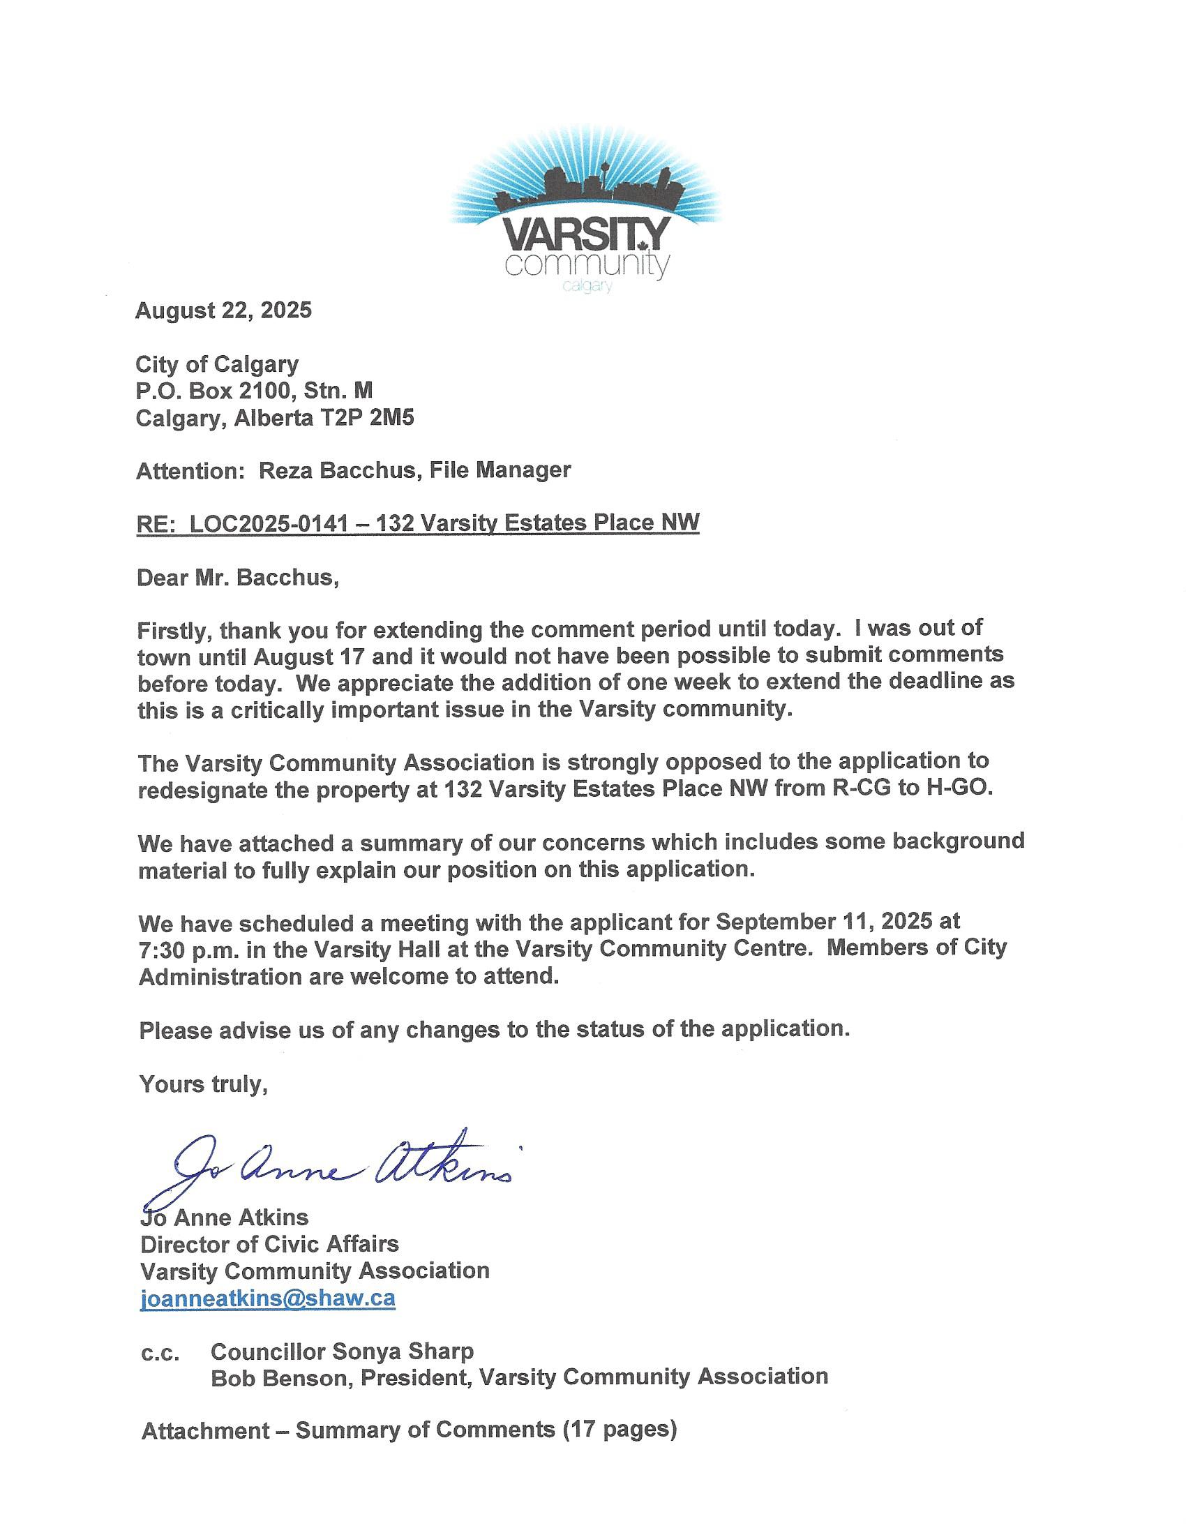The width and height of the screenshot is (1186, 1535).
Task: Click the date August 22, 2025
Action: point(223,310)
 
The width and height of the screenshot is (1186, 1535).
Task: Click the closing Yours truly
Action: point(203,1084)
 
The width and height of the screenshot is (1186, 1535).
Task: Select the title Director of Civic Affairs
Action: point(269,1244)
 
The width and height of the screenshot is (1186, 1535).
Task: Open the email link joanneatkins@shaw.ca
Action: point(268,1298)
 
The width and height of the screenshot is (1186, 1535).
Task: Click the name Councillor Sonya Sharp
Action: point(341,1351)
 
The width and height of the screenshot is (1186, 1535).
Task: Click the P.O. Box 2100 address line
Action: point(254,391)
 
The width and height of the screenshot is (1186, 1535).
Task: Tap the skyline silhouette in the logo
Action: point(585,187)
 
